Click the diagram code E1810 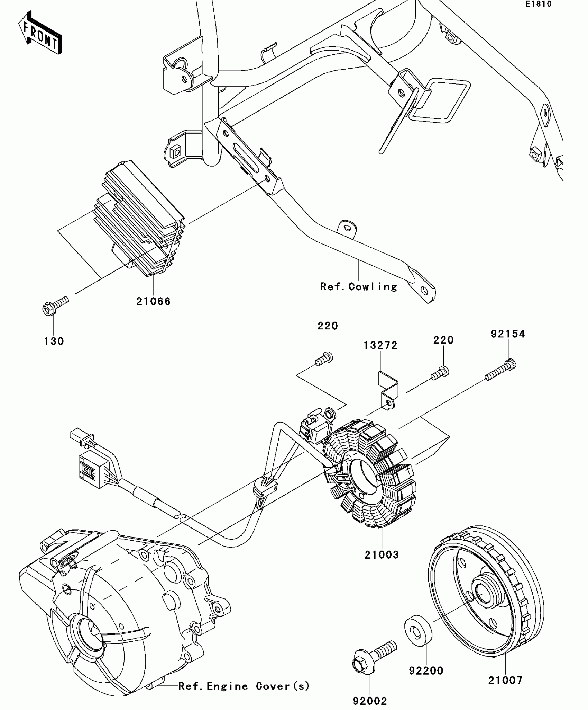click(x=539, y=5)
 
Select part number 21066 click(x=153, y=301)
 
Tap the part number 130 click(x=54, y=341)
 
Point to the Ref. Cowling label click(x=358, y=287)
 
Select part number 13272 click(x=380, y=345)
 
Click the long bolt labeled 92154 click(x=501, y=371)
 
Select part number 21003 click(x=382, y=554)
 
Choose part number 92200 click(x=426, y=671)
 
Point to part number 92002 click(x=370, y=701)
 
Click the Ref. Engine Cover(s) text click(x=244, y=686)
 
